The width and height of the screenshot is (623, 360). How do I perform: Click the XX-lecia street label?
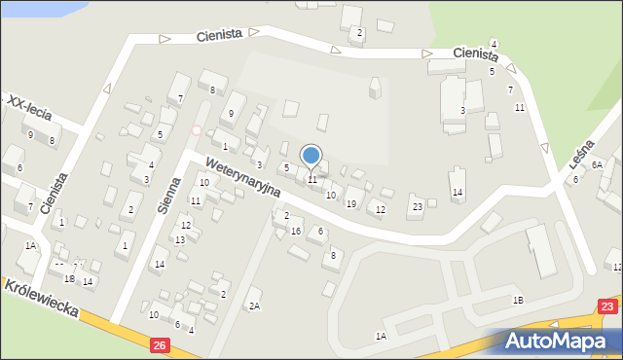(30, 111)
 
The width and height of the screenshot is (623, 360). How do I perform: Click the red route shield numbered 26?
(161, 343)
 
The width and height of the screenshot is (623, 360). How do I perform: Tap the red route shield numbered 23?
(608, 306)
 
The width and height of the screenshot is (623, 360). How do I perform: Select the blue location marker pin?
(311, 156)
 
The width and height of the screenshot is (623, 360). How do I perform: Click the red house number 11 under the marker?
(312, 180)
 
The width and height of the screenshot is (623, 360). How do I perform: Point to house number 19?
(350, 203)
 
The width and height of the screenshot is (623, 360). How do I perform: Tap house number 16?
(295, 231)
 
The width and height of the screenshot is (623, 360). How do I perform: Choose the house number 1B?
(519, 301)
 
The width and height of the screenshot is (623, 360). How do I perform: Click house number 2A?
(254, 306)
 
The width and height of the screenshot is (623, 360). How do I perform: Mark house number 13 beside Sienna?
(180, 239)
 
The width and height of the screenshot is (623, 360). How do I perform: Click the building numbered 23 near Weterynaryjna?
(417, 206)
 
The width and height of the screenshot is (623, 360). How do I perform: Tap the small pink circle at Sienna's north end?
(197, 129)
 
